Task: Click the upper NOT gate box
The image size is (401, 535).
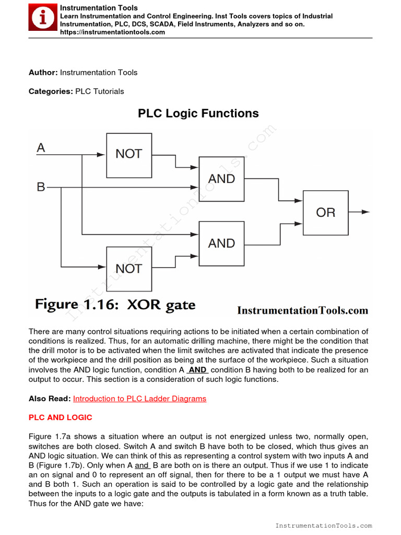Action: click(129, 155)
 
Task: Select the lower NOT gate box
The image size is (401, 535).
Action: click(129, 269)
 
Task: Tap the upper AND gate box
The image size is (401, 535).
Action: click(221, 179)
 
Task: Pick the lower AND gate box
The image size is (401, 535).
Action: click(221, 243)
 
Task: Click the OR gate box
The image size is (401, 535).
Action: click(325, 213)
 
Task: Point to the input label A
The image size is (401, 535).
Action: click(41, 148)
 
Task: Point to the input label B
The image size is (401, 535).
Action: click(41, 186)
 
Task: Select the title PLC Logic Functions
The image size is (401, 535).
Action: click(198, 113)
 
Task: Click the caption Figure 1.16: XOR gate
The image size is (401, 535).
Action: click(115, 305)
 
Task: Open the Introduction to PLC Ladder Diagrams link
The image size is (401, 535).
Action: click(139, 399)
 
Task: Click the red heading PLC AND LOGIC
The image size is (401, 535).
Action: click(60, 417)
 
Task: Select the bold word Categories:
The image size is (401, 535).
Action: click(51, 91)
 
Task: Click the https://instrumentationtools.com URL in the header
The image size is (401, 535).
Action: click(112, 32)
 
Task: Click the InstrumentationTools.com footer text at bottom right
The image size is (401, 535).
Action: click(323, 526)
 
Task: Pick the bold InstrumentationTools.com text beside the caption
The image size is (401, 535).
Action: click(302, 310)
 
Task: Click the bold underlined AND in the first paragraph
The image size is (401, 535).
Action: click(197, 370)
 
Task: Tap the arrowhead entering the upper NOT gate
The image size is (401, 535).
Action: click(102, 155)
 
